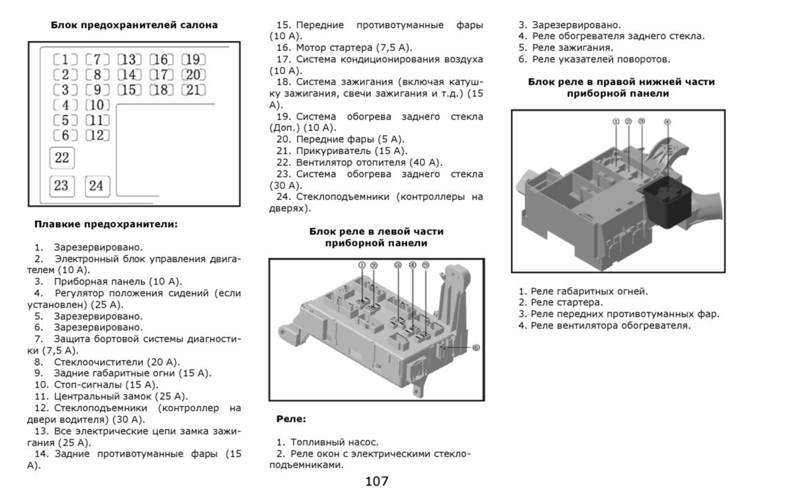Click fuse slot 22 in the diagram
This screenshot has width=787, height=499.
pyautogui.click(x=62, y=158)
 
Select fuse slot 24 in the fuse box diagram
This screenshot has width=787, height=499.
pyautogui.click(x=97, y=186)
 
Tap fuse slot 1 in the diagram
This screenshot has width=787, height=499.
pyautogui.click(x=65, y=60)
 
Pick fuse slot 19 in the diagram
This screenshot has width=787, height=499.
pyautogui.click(x=193, y=60)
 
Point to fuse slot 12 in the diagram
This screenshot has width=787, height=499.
pyautogui.click(x=97, y=136)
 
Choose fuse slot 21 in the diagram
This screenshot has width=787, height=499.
pyautogui.click(x=193, y=90)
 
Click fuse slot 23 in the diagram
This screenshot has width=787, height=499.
pyautogui.click(x=62, y=186)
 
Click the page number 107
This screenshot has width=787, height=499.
pyautogui.click(x=376, y=481)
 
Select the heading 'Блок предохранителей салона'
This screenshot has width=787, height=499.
pyautogui.click(x=134, y=25)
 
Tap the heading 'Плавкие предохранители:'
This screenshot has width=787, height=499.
pyautogui.click(x=106, y=224)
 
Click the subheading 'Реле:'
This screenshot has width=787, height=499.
pyautogui.click(x=291, y=419)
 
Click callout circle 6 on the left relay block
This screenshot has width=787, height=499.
pyautogui.click(x=476, y=348)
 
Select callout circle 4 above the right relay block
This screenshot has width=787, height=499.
pyautogui.click(x=667, y=122)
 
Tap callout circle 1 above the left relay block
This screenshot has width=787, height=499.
pyautogui.click(x=362, y=265)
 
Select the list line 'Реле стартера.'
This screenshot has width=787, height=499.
pyautogui.click(x=561, y=302)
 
